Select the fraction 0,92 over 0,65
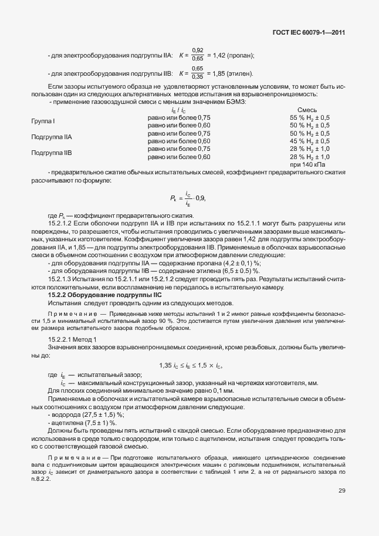point(198,55)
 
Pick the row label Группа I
point(43,122)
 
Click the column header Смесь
point(309,110)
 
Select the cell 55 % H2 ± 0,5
point(310,117)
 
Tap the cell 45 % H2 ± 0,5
point(310,141)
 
